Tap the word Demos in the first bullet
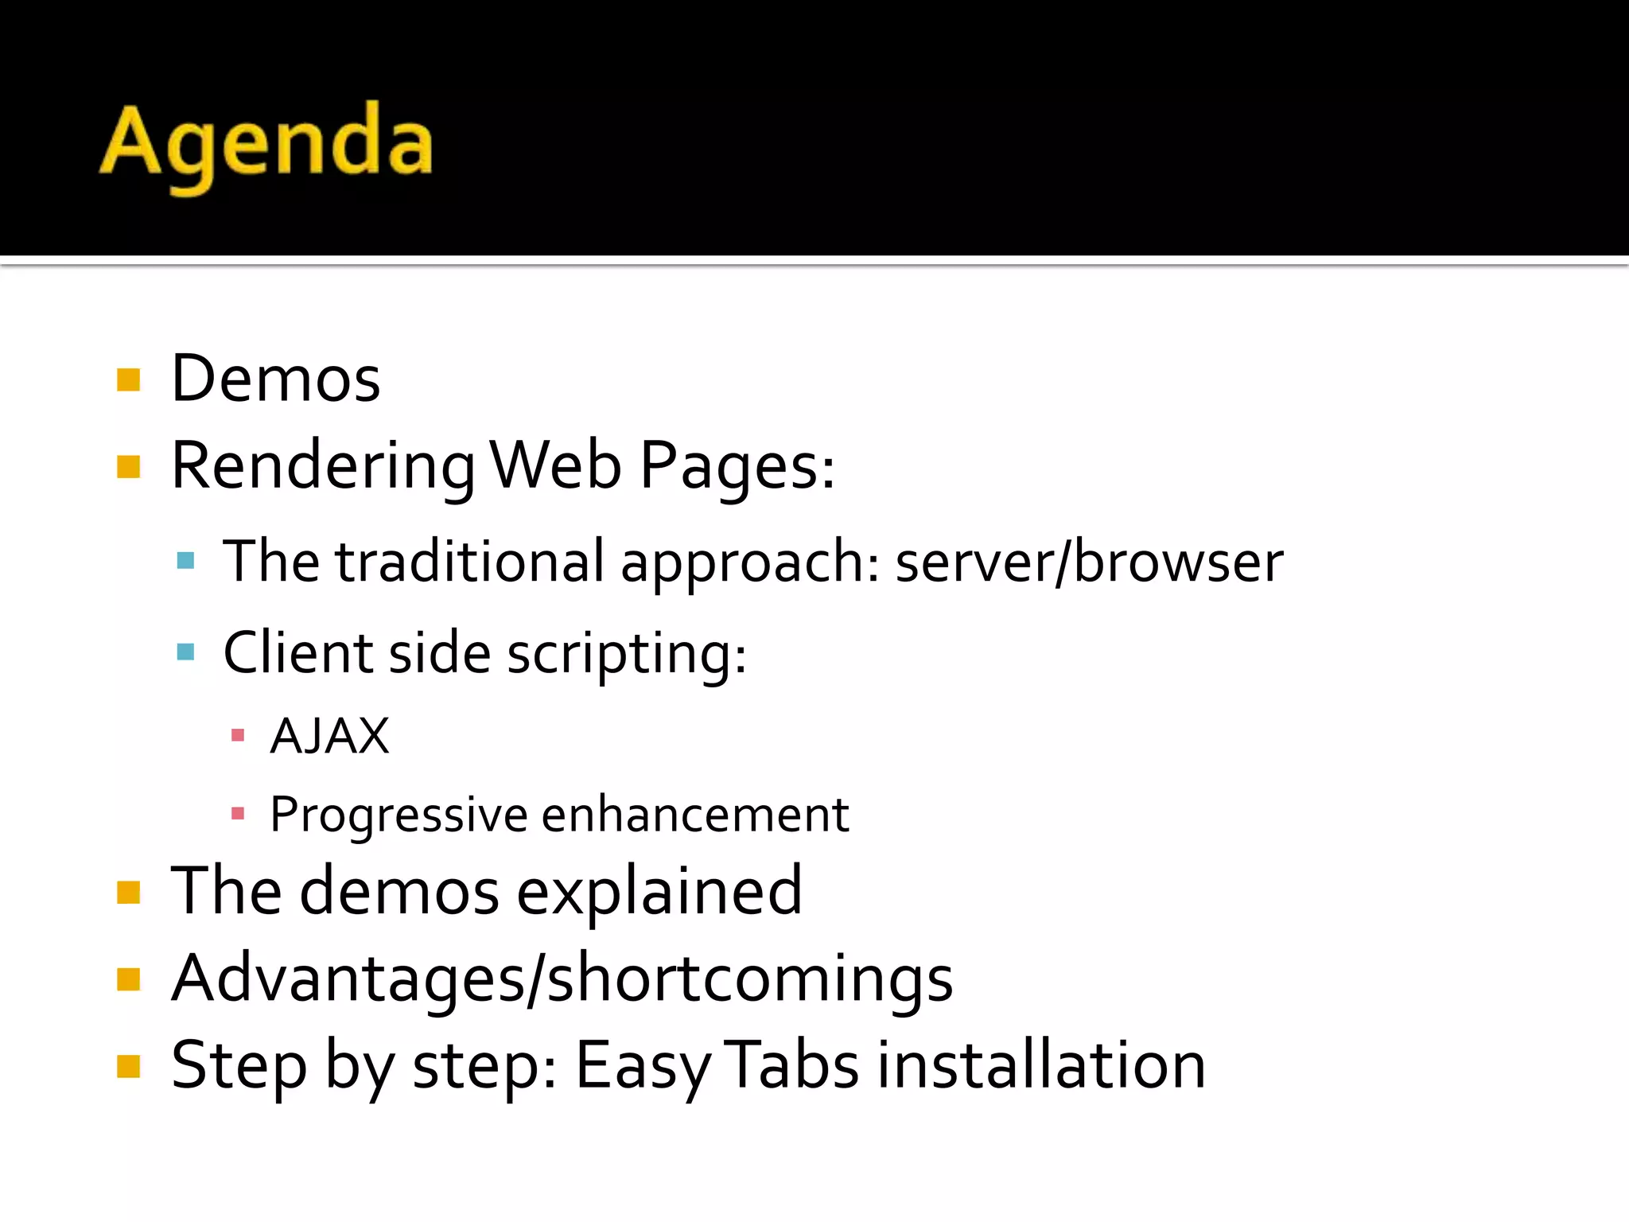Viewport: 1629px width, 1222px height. coord(275,379)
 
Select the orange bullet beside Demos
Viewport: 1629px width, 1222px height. coord(128,379)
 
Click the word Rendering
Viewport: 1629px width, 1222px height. coord(323,466)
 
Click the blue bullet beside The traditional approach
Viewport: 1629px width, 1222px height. coord(185,561)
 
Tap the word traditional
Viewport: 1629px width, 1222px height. coord(469,561)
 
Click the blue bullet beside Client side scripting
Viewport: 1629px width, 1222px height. coord(185,652)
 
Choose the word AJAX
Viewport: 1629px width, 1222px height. coord(329,736)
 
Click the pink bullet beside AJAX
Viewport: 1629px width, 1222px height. coord(237,735)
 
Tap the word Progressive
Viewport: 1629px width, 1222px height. coord(399,815)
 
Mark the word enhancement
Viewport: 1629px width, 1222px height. coord(695,815)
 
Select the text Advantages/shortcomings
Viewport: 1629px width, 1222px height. coord(562,979)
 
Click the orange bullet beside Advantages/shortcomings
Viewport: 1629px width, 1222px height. coord(128,979)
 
